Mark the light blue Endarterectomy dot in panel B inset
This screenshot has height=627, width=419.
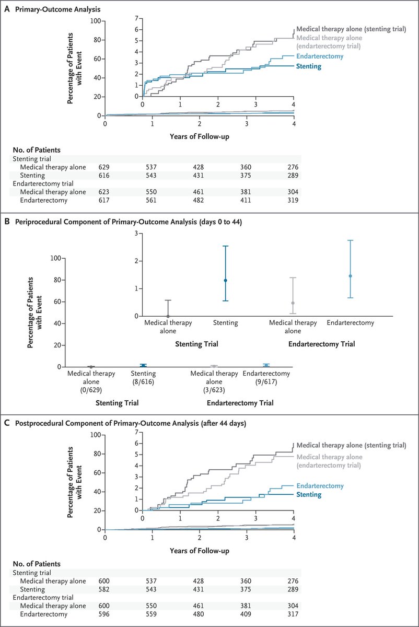pos(350,276)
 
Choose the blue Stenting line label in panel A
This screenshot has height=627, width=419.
pos(308,66)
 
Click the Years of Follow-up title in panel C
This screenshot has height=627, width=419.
pos(199,551)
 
